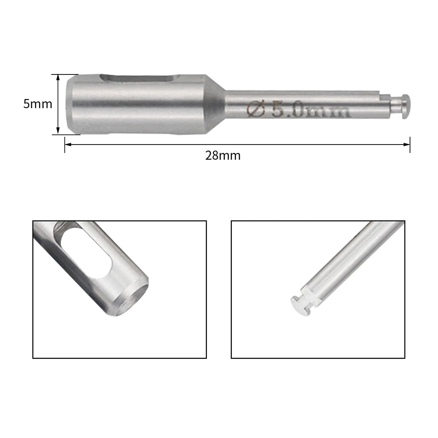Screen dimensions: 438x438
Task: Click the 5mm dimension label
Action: (x=38, y=104)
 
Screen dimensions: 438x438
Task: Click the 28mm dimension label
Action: (x=223, y=155)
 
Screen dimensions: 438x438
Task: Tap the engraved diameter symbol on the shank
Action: (x=256, y=109)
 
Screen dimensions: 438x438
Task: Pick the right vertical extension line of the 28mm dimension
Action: (x=410, y=145)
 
